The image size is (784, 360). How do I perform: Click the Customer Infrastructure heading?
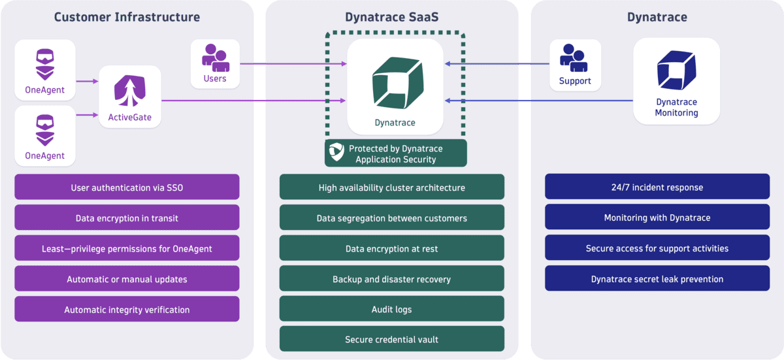tap(127, 17)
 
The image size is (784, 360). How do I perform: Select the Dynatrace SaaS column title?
tap(391, 17)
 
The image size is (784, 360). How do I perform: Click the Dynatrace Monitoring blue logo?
tap(676, 71)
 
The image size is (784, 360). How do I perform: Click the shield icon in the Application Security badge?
tap(336, 152)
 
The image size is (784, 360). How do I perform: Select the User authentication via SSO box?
tap(127, 188)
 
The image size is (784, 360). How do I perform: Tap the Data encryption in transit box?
tap(127, 218)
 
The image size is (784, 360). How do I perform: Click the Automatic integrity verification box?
tap(127, 310)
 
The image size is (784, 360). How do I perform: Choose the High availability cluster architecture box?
tap(391, 188)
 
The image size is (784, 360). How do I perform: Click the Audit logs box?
tap(391, 309)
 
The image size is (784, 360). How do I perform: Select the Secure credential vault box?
tap(391, 340)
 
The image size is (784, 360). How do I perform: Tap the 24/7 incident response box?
tap(657, 188)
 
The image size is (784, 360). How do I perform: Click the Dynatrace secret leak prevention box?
tap(657, 279)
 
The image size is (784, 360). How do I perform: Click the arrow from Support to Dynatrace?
tap(497, 64)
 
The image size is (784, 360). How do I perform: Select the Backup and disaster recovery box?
tap(391, 279)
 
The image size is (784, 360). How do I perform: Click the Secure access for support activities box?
tap(657, 248)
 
